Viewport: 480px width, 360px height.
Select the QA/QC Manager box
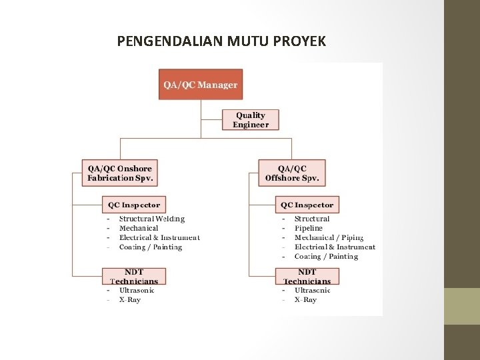[x=201, y=85]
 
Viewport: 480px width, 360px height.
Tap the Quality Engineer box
[x=251, y=119]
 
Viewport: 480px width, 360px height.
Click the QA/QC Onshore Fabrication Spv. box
[x=121, y=173]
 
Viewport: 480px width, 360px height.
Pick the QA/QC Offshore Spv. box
[x=292, y=173]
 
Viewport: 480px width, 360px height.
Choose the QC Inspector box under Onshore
[x=134, y=205]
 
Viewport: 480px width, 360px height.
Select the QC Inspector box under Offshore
[x=307, y=205]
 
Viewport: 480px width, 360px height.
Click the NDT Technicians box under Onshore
[x=134, y=276]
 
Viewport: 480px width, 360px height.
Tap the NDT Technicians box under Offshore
[x=307, y=276]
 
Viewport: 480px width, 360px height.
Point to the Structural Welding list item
[x=152, y=219]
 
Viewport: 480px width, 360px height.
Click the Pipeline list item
[x=309, y=228]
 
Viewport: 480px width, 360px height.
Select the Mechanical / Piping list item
[x=329, y=237]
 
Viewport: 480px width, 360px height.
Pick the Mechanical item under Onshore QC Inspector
[x=139, y=228]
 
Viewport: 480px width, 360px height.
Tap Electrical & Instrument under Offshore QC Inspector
[x=335, y=247]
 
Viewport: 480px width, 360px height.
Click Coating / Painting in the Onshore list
[x=151, y=247]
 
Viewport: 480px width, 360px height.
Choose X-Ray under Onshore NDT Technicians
[x=130, y=300]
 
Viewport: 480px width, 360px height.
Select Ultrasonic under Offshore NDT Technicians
[x=312, y=290]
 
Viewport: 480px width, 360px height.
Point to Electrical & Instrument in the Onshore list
[x=159, y=237]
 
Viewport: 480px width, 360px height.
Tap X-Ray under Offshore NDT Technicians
[x=305, y=300]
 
